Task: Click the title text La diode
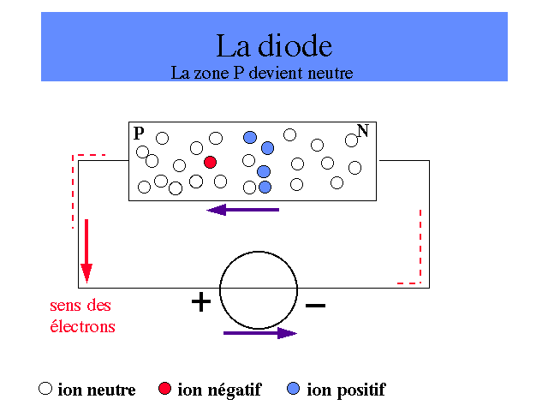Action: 274,45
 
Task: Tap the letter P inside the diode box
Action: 139,134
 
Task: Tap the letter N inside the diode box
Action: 363,131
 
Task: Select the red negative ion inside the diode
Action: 210,162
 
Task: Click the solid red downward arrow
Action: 86,251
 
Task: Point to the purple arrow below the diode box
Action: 243,210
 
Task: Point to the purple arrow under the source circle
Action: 260,333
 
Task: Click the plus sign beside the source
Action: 201,301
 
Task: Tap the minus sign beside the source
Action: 315,306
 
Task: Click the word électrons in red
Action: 82,326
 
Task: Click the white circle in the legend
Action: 45,388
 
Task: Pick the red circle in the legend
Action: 164,388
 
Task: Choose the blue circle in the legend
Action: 293,388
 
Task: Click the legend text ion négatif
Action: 219,390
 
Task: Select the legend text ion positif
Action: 346,390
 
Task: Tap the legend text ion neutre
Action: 97,390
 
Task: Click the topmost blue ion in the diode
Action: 250,137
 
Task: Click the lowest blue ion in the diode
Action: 265,187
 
